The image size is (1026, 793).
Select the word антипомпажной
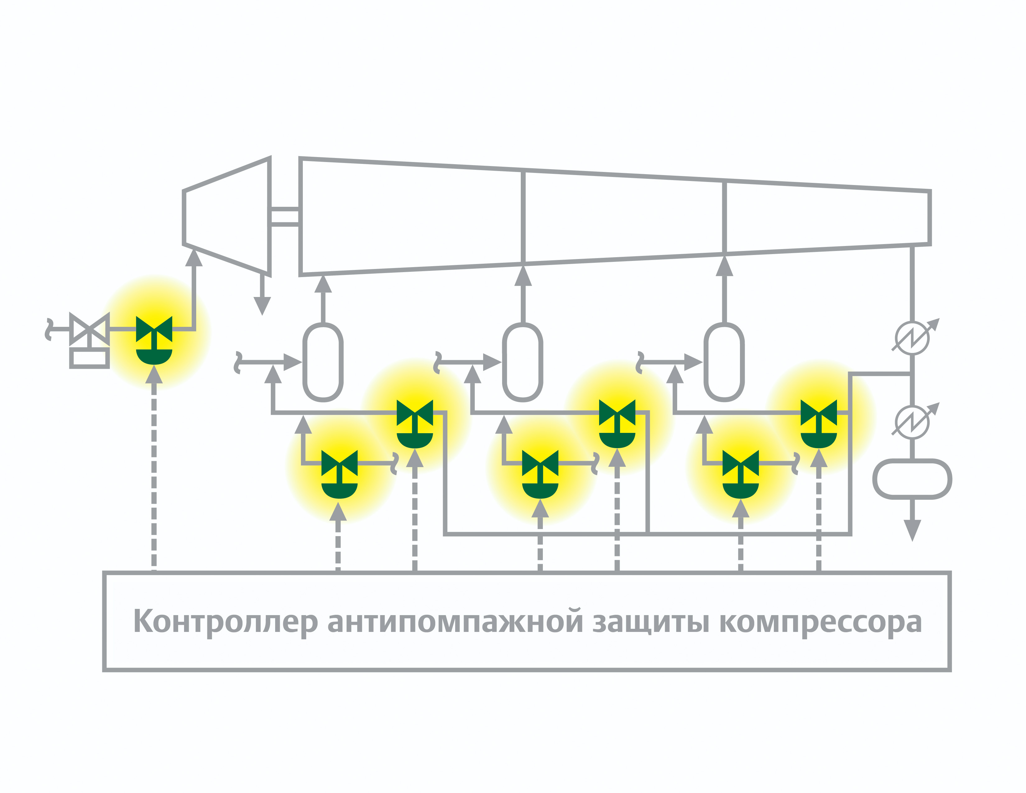455,622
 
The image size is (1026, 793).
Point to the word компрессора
820,622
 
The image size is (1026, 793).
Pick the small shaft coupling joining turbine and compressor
285,216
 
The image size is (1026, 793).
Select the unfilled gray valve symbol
89,329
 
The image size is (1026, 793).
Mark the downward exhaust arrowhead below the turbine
262,306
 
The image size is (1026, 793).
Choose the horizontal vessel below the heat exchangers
912,479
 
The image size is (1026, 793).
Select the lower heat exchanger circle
912,422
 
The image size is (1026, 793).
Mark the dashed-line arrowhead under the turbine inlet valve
154,375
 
